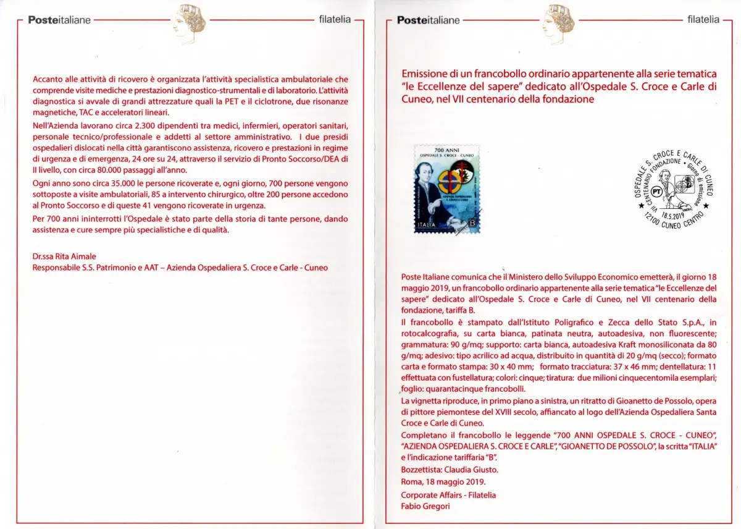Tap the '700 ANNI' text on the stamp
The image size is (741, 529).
click(x=447, y=150)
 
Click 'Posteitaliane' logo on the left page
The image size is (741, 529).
click(x=59, y=20)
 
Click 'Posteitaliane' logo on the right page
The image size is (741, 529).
click(x=429, y=20)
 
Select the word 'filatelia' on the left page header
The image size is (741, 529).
click(x=335, y=19)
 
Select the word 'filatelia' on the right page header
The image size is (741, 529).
click(x=703, y=19)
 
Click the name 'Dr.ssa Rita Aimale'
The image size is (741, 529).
click(x=64, y=256)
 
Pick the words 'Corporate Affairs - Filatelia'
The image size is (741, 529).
click(x=448, y=494)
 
